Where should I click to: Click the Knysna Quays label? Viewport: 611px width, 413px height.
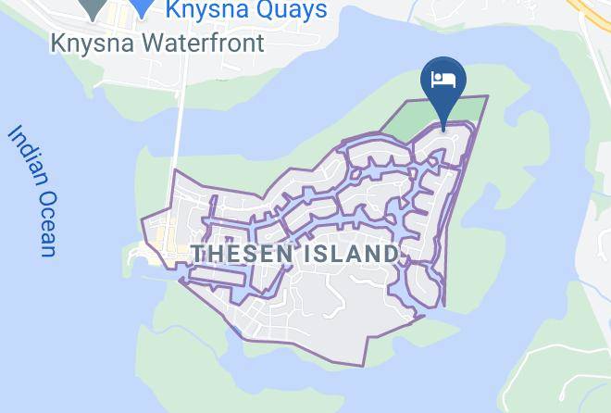point(246,10)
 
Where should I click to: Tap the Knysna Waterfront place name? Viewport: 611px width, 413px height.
point(157,43)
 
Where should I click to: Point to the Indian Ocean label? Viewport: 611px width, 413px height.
point(33,190)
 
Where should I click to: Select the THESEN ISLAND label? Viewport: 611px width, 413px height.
point(294,253)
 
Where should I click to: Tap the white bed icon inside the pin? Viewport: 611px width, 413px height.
point(443,80)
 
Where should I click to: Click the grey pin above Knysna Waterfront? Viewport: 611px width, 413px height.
point(93,7)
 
